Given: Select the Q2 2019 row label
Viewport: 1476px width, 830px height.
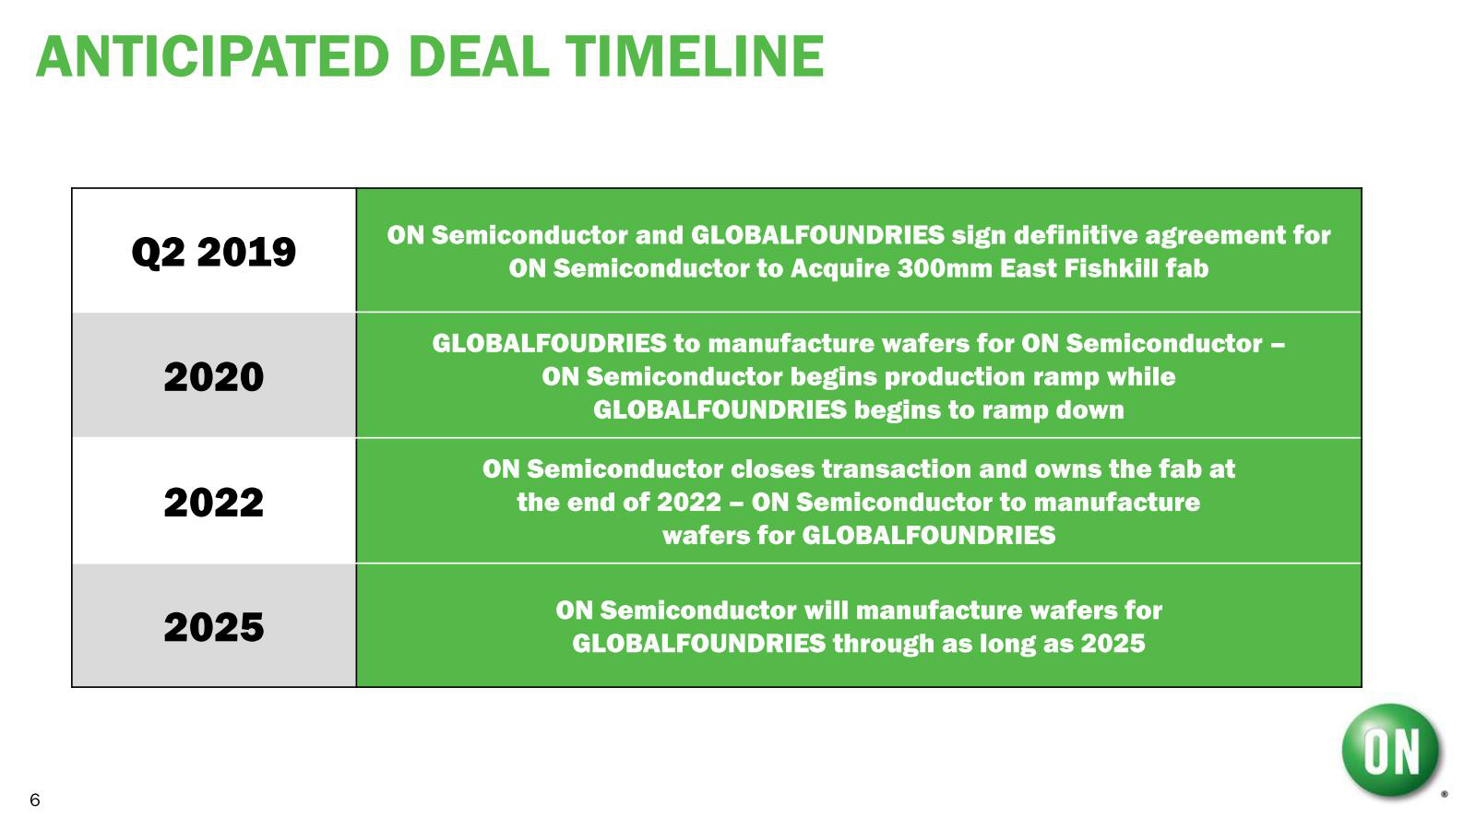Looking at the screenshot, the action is pos(213,253).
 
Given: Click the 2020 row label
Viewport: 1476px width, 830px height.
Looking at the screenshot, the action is pos(213,377).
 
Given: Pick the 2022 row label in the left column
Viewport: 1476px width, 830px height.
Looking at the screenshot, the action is pos(213,503).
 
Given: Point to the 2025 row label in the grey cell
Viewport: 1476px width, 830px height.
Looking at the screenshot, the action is pos(213,627).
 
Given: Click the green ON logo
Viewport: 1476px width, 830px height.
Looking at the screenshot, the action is pos(1390,751).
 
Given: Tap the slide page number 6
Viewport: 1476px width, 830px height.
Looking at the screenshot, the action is pos(35,800).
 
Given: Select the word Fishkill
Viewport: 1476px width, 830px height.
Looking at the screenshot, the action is pos(1103,268).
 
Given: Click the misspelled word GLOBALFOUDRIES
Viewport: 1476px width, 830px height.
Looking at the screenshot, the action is pos(550,344).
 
